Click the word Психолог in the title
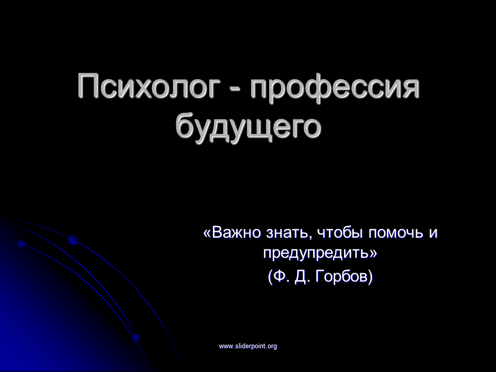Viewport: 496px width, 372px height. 149,86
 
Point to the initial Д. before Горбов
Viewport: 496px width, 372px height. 303,277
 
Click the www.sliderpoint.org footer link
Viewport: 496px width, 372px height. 248,346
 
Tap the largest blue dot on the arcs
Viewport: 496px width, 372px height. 73,240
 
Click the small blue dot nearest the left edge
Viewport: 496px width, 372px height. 22,243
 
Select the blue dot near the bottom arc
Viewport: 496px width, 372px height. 136,338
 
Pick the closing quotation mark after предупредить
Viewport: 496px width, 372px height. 373,253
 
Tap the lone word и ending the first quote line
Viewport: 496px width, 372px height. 433,235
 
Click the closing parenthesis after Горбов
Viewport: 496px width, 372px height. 370,277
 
